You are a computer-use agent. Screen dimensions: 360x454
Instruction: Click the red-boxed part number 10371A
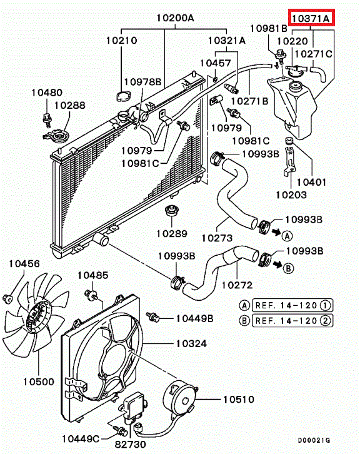(x=311, y=18)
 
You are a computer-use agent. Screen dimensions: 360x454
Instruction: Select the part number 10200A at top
(x=176, y=18)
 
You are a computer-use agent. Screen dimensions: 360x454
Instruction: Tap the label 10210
(x=121, y=40)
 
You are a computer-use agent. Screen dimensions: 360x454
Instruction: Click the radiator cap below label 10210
(x=124, y=96)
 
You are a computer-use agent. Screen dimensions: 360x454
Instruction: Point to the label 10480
(x=47, y=93)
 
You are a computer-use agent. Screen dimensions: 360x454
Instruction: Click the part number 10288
(x=70, y=105)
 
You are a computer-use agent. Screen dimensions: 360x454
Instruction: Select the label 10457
(x=216, y=63)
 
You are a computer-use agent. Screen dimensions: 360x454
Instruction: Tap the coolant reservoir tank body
(x=292, y=107)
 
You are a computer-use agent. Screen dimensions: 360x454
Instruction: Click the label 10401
(x=311, y=182)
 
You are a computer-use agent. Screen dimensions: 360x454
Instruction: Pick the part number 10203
(x=291, y=195)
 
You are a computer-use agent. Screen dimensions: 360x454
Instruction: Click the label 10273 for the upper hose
(x=217, y=238)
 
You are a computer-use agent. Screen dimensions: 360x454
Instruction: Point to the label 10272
(x=237, y=285)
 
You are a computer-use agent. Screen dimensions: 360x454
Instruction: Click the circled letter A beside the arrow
(x=287, y=236)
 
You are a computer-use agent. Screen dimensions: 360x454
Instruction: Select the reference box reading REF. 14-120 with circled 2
(x=292, y=321)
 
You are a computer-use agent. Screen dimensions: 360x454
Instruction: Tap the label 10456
(x=24, y=263)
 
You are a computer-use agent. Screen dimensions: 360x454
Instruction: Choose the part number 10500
(x=39, y=381)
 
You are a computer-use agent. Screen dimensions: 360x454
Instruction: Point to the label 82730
(x=130, y=445)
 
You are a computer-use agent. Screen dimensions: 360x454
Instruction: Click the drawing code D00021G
(x=314, y=440)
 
